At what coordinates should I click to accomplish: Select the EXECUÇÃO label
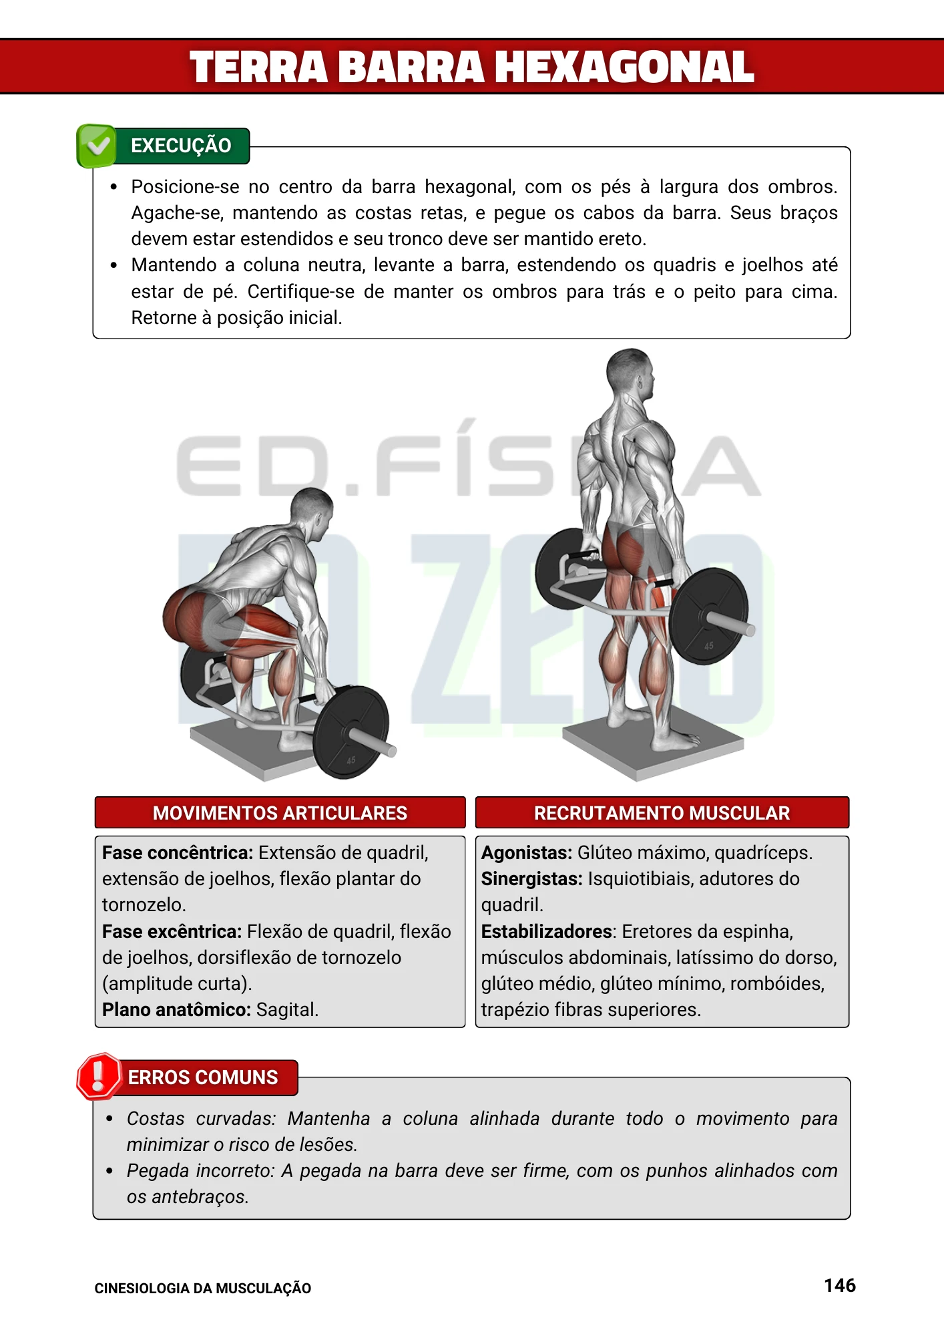[181, 146]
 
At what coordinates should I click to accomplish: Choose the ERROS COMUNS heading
[203, 1077]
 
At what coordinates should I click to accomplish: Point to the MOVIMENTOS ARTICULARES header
[280, 813]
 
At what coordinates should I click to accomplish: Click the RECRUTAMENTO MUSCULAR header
[662, 813]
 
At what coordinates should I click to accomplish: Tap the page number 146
[839, 1285]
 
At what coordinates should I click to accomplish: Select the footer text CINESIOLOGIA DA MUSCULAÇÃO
[202, 1289]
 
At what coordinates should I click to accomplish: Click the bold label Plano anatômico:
[176, 1009]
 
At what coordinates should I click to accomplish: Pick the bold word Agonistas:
[526, 852]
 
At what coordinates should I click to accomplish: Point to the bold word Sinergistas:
[531, 878]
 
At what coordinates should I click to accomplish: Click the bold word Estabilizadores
[547, 931]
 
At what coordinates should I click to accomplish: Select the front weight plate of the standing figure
[709, 616]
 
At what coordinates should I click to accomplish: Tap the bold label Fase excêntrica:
[172, 931]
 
